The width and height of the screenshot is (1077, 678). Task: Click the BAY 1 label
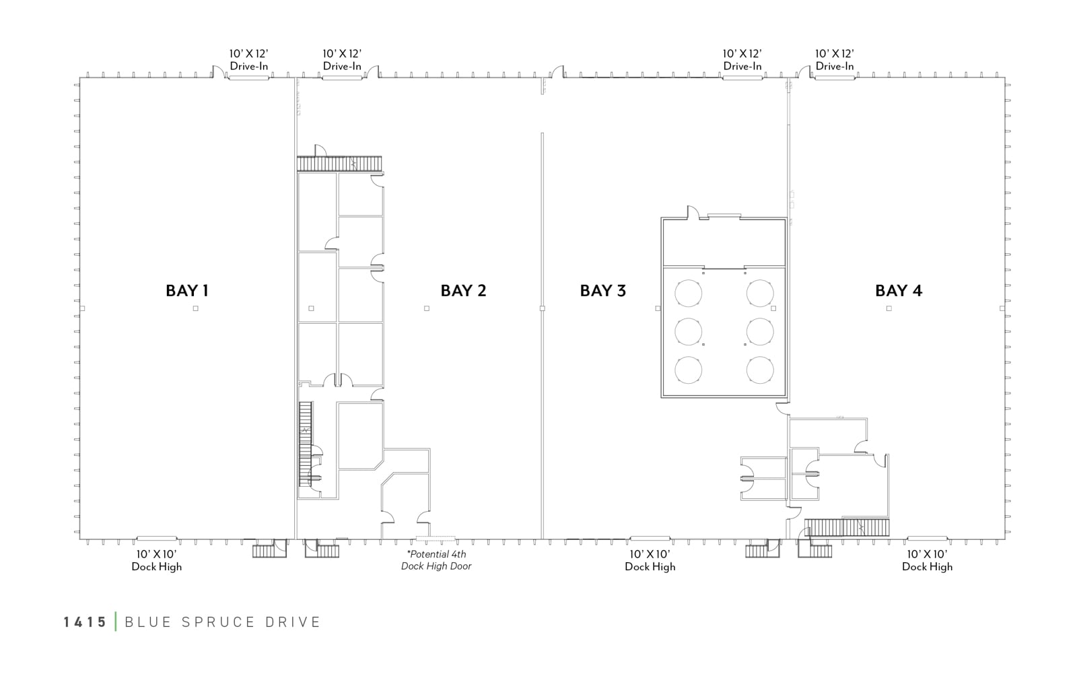pos(187,291)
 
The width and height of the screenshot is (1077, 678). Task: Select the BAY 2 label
pos(464,291)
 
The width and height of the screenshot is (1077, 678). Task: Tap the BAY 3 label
pos(603,291)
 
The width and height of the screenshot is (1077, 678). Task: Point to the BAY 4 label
pos(899,291)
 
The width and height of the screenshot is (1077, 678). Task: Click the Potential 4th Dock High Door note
pos(436,560)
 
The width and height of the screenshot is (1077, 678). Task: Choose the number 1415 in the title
pos(85,622)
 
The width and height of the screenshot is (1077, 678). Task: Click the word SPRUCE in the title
pos(218,622)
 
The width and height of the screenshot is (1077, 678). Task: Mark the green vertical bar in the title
pos(116,621)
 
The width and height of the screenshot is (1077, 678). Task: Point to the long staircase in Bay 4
pos(847,527)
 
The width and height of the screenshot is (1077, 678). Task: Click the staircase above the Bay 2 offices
pos(339,164)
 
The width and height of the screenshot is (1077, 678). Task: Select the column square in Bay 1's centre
pos(196,308)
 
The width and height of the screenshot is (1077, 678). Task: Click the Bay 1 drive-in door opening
pos(248,77)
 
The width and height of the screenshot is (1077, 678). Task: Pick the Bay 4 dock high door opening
pos(927,539)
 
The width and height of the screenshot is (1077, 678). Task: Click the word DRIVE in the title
pos(292,622)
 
